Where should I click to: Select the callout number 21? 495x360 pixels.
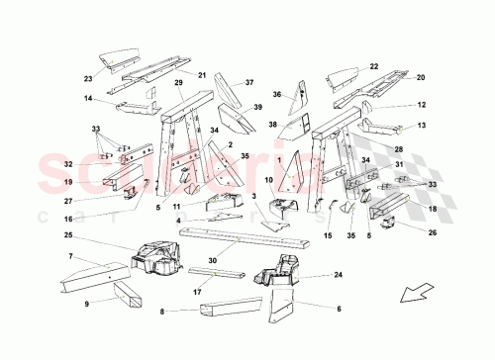point(201,75)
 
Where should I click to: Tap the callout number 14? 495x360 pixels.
point(88,99)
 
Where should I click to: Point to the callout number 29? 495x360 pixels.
point(179,83)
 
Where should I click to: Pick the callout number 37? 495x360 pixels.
point(249,83)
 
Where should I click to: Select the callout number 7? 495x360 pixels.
point(70,257)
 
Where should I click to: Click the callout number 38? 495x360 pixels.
point(272,126)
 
